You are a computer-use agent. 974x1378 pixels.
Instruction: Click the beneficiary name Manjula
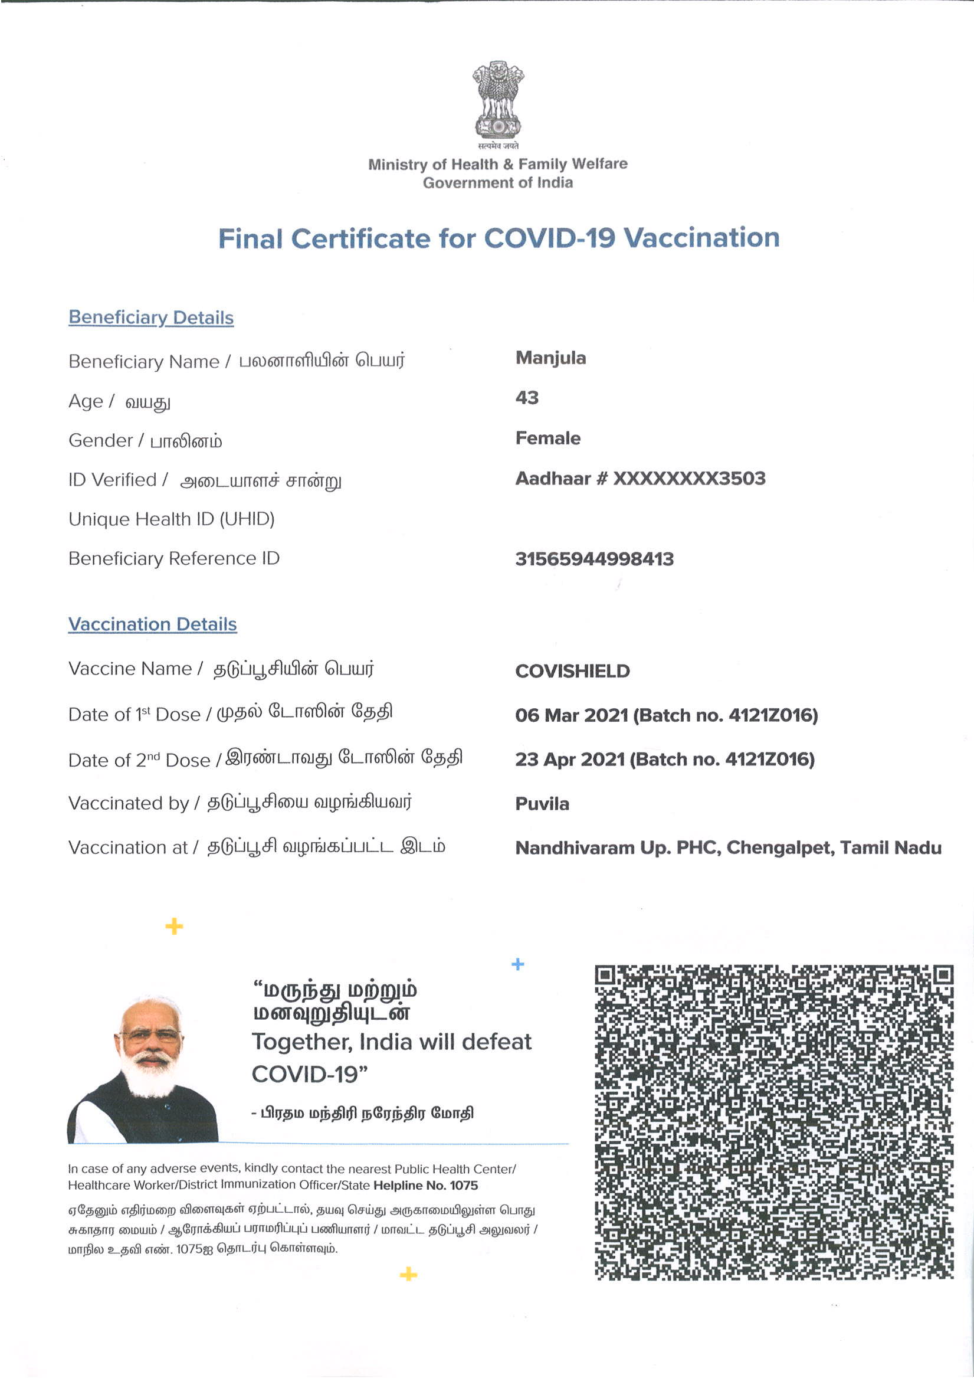(550, 358)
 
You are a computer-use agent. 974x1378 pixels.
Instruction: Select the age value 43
(527, 398)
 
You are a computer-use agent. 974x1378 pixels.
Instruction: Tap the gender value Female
(548, 438)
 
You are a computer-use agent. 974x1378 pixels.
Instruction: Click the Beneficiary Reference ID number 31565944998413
(594, 559)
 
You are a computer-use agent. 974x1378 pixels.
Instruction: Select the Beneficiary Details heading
(151, 318)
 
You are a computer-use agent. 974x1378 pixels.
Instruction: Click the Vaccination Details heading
(152, 624)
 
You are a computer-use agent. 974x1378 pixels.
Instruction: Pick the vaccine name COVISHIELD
(572, 671)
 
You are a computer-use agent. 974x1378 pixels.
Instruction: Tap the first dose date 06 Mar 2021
(571, 715)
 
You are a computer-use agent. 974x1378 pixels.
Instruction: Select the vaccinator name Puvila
(542, 804)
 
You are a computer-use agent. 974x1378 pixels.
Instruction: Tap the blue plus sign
(518, 964)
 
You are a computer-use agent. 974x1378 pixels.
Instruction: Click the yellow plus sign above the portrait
(174, 927)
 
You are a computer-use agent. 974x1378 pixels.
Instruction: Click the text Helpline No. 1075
(425, 1186)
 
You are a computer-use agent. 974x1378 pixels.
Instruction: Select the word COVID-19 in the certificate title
(550, 238)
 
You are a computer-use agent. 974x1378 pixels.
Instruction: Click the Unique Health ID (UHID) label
(172, 519)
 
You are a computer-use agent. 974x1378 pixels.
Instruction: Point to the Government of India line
(497, 183)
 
